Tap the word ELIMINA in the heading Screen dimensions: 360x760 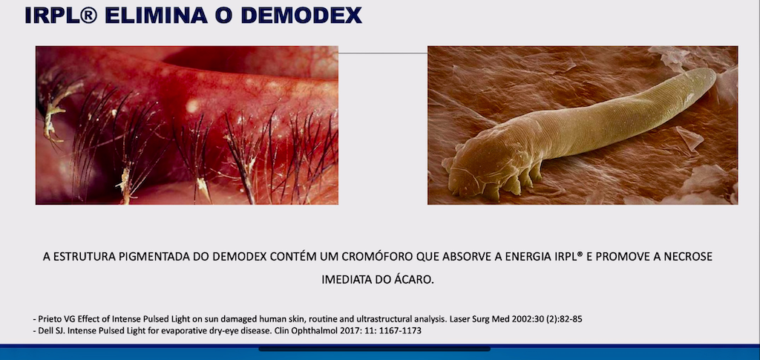point(148,14)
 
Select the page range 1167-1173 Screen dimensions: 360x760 point(399,331)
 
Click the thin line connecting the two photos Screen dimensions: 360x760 point(382,53)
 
